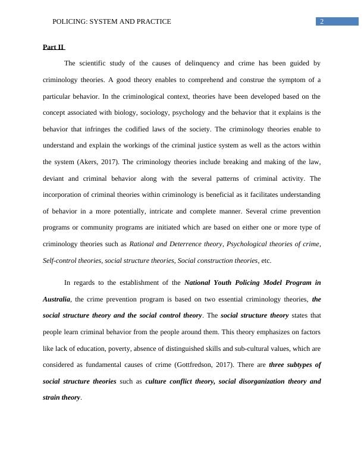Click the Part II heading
coord(53,47)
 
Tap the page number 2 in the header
coord(322,21)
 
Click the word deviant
coord(55,178)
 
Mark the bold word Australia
coord(57,299)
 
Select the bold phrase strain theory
coord(61,397)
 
